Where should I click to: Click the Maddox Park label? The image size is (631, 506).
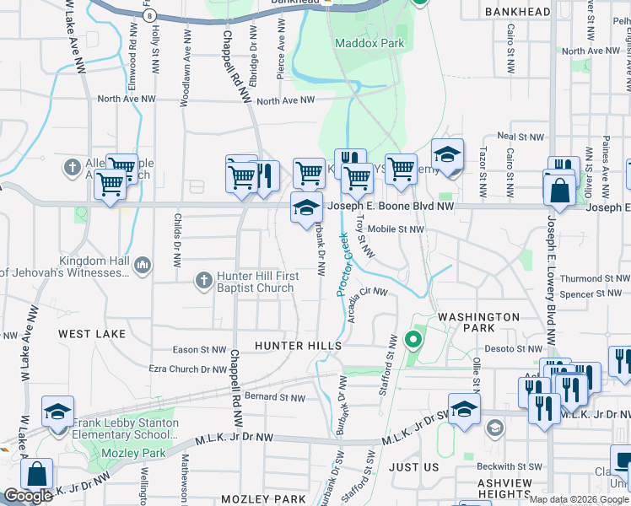point(369,43)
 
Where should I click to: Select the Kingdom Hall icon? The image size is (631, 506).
point(142,266)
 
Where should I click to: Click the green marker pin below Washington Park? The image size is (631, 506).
point(413,340)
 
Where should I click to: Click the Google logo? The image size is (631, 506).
point(28,496)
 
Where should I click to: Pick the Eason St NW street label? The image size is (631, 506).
point(198,349)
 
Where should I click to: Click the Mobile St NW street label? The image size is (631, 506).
point(396,229)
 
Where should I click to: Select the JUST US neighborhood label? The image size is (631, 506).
point(414,466)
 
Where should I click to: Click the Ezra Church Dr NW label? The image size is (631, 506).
point(188,369)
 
